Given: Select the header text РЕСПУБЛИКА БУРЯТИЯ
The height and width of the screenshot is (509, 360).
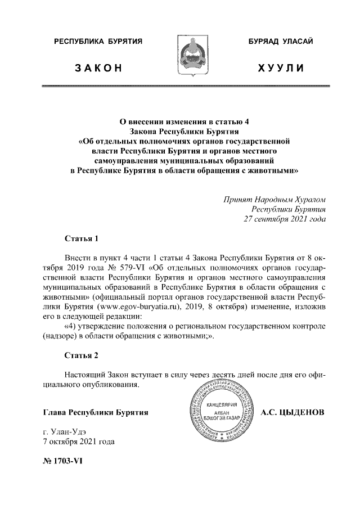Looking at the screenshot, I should pos(97,42).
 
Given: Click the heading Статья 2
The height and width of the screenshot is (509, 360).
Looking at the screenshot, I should pos(82,356).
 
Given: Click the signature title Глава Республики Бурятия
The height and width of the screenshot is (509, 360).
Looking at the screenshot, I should pos(96,412).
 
